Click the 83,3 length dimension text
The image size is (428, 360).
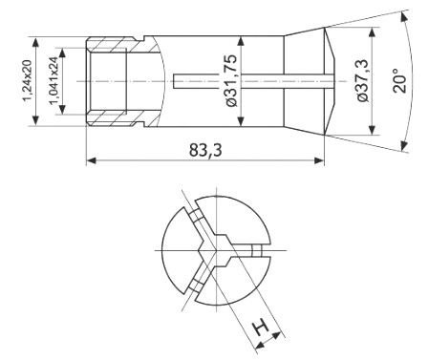click(x=205, y=150)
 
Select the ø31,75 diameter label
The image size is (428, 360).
click(x=230, y=80)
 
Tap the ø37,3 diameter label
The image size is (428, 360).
click(x=363, y=80)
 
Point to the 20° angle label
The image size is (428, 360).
click(x=400, y=80)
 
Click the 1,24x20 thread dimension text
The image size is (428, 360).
click(x=28, y=81)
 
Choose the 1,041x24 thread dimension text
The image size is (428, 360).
click(x=53, y=81)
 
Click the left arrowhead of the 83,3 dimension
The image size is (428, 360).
click(x=92, y=160)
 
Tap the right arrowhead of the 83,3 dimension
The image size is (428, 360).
click(x=319, y=160)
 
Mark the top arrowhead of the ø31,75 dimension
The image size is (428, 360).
click(x=241, y=41)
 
